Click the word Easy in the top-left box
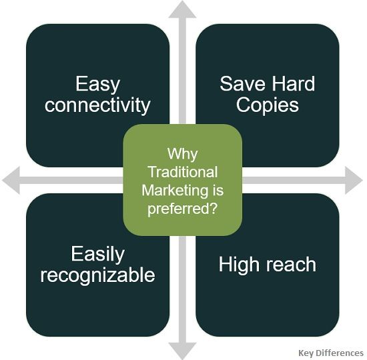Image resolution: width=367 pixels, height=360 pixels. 97,84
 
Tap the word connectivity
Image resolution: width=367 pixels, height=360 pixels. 97,105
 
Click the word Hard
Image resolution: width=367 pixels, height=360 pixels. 291,84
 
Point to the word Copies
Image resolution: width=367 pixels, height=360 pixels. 268,105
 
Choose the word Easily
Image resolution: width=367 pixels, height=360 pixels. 97,254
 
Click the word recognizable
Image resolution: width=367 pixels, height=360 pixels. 97,275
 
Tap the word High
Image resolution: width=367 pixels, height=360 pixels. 240,264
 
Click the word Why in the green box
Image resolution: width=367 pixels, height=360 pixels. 182,153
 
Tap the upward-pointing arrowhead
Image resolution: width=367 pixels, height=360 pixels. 183,10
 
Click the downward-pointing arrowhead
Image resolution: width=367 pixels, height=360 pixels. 183,351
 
